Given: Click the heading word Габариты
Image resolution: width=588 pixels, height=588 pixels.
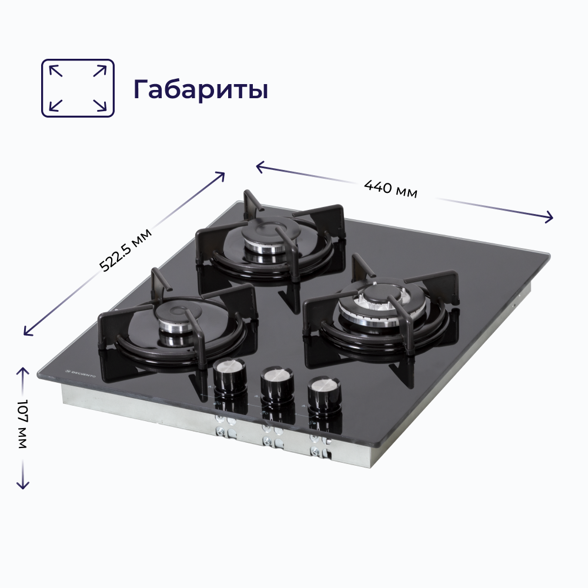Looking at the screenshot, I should click(x=201, y=89).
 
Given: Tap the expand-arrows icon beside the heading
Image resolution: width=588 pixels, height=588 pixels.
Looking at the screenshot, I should click(x=78, y=88).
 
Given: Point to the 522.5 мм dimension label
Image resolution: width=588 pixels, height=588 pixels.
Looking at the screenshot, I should click(x=126, y=250).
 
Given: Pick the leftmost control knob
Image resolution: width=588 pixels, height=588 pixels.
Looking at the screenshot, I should click(x=230, y=375).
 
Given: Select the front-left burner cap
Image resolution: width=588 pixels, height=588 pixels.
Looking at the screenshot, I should click(x=175, y=318).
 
